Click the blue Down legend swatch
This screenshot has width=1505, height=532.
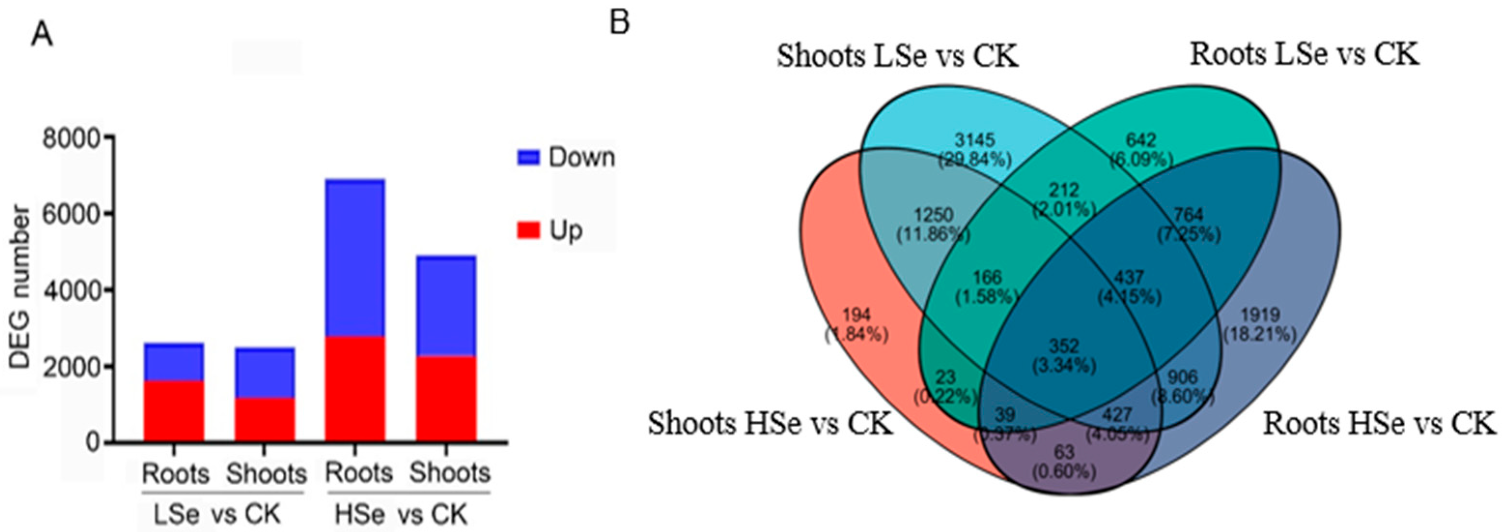point(528,157)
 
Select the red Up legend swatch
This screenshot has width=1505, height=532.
point(528,230)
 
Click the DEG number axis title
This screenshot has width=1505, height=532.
point(20,288)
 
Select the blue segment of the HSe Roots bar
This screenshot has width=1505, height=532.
point(355,258)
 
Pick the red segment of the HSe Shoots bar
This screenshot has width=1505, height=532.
point(446,399)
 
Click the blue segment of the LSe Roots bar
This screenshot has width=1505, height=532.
point(173,362)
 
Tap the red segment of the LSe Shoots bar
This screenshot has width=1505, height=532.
point(265,420)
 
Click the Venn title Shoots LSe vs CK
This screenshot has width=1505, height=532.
point(897,56)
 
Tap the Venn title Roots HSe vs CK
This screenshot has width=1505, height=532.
point(1380,423)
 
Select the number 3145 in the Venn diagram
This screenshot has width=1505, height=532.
point(975,140)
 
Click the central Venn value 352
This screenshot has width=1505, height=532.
point(1063,346)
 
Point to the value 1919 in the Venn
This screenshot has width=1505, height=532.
point(1260,316)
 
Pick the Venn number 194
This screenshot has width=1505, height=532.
point(856,315)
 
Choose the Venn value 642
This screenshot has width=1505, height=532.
point(1141,140)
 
